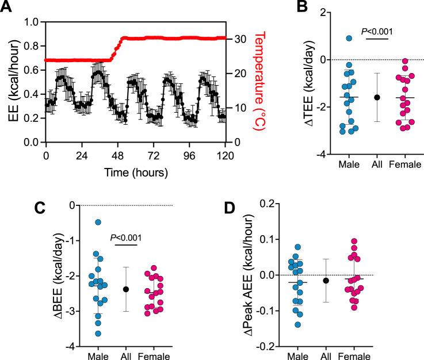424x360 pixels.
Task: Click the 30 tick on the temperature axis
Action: pyautogui.click(x=243, y=39)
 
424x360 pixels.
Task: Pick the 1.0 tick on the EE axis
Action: pyautogui.click(x=32, y=23)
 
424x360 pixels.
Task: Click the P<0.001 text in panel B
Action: pyautogui.click(x=377, y=32)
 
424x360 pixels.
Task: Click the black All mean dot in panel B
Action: pyautogui.click(x=377, y=97)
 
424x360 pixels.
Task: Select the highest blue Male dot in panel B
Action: pyautogui.click(x=349, y=39)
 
